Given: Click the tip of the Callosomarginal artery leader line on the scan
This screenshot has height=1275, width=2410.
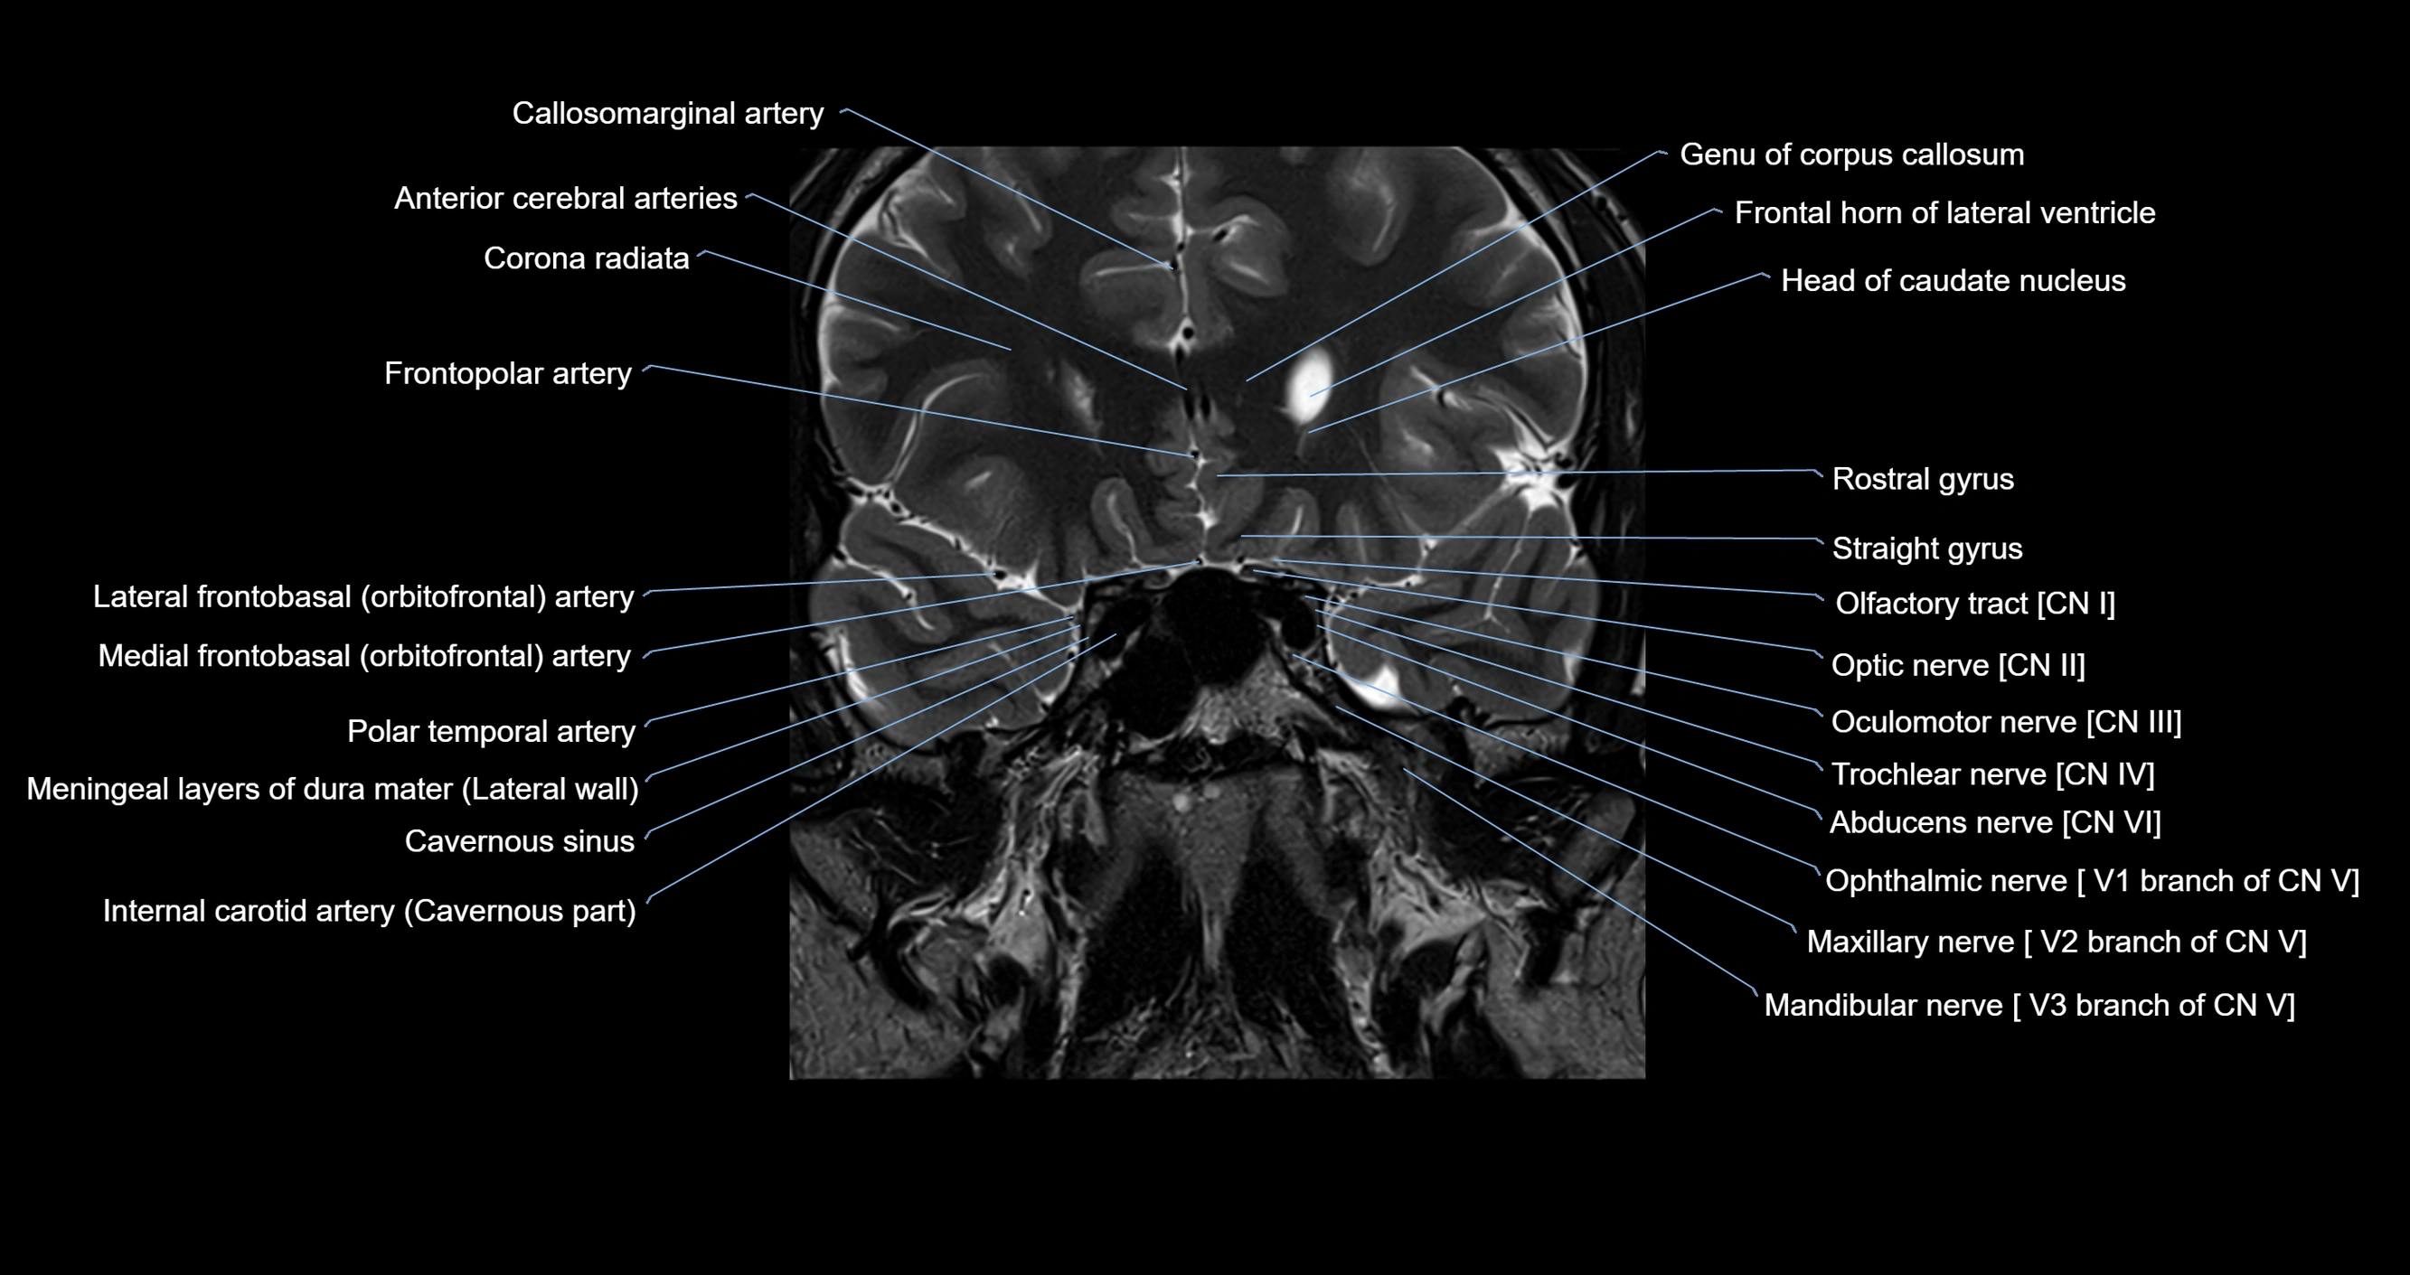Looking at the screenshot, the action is click(x=1172, y=267).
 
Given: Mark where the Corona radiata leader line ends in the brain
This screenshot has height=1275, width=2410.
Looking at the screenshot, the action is click(x=1012, y=350).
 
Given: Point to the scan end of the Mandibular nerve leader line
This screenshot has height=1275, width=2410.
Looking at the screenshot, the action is click(x=1403, y=769).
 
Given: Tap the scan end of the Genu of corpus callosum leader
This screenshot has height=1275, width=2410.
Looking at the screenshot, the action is click(x=1247, y=380).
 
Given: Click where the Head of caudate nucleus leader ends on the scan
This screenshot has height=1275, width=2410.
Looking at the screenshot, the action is click(x=1309, y=432).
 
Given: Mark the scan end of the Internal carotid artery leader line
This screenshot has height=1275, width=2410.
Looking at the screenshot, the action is click(x=1116, y=634).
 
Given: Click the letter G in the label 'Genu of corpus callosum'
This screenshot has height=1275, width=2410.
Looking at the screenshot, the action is click(x=1690, y=155).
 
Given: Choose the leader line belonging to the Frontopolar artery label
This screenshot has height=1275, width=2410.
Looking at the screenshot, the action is click(x=918, y=410).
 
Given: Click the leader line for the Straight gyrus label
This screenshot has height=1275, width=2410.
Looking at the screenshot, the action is click(x=1531, y=539).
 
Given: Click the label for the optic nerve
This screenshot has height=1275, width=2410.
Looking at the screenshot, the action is click(x=1958, y=665).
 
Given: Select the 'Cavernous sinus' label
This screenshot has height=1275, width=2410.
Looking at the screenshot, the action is click(x=519, y=841).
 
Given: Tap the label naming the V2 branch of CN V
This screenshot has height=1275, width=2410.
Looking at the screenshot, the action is click(x=2057, y=941).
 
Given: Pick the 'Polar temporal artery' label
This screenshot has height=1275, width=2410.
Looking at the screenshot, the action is click(x=491, y=731).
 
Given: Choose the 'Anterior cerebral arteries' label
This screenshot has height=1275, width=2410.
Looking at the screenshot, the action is click(x=565, y=198).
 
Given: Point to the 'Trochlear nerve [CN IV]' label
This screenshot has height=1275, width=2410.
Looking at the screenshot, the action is click(x=1992, y=774).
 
